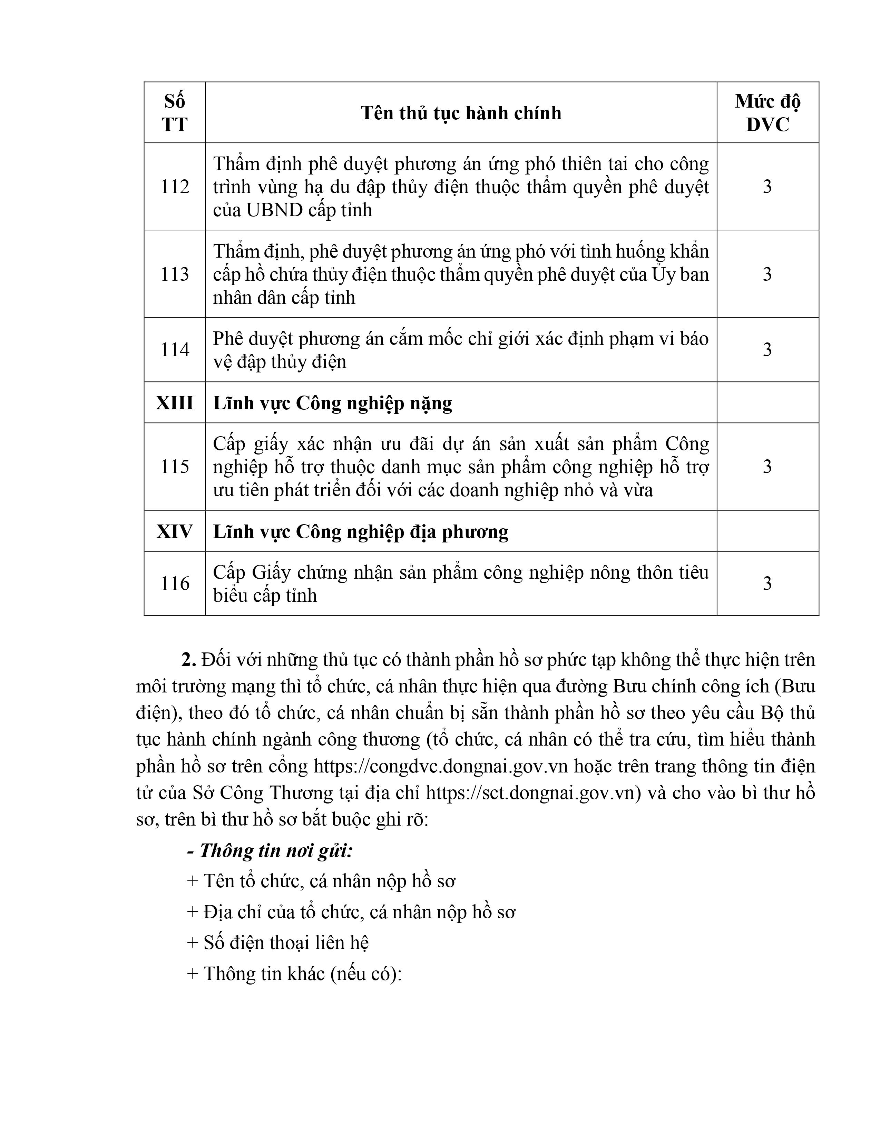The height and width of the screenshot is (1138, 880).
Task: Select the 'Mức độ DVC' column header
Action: click(x=767, y=112)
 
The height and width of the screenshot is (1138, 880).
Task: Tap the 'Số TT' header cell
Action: click(x=174, y=112)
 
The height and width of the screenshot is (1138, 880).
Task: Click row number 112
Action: click(x=174, y=187)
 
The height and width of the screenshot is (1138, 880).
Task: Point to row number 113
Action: click(x=174, y=274)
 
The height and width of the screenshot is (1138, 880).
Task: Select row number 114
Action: click(x=174, y=350)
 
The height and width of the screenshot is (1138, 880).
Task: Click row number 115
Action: click(x=174, y=466)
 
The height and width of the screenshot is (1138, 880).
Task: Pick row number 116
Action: click(x=174, y=583)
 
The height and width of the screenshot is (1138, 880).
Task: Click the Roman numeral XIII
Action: click(x=174, y=403)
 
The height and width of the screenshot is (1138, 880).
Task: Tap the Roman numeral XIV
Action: click(x=174, y=531)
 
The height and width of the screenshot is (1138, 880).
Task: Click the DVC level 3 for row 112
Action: click(x=767, y=187)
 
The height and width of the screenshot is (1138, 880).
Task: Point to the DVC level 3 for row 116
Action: click(x=767, y=583)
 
